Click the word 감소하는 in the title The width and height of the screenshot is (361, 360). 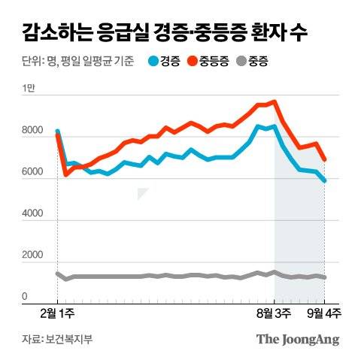[x=54, y=32]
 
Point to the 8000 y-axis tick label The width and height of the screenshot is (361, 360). [x=32, y=132]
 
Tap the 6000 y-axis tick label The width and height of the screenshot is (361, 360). [x=32, y=173]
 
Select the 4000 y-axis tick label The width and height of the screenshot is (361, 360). [x=32, y=214]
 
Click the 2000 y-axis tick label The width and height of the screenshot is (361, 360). [x=32, y=256]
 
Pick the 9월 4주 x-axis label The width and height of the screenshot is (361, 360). [x=323, y=311]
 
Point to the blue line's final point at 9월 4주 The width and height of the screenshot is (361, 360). [x=324, y=180]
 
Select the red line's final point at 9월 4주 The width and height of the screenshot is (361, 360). [x=324, y=159]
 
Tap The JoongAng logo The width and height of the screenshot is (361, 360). [x=298, y=339]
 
